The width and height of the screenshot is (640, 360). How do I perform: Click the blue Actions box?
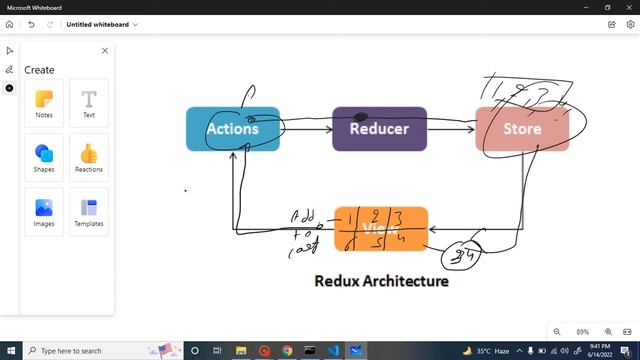[232, 129]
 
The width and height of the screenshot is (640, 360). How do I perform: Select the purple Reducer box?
[379, 129]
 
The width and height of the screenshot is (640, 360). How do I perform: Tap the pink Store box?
[521, 129]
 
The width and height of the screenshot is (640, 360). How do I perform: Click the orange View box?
[381, 228]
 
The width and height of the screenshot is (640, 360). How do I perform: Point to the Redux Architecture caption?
[381, 281]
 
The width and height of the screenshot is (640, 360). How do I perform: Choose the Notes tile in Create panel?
[44, 103]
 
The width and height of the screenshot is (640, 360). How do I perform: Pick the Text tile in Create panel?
[89, 103]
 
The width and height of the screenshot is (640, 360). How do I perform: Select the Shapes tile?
[44, 157]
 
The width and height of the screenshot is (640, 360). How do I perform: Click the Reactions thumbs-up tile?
[89, 157]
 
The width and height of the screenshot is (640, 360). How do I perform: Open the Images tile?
[44, 211]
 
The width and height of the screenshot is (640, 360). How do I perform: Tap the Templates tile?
[89, 211]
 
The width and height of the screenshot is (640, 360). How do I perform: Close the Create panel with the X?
[105, 50]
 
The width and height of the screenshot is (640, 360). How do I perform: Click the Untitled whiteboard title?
[98, 24]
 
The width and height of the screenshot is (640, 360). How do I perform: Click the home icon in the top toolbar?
[10, 24]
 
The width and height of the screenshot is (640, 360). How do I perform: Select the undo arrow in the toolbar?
[32, 24]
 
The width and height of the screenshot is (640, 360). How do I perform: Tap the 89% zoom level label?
[582, 332]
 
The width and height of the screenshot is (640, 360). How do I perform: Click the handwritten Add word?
[302, 216]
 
